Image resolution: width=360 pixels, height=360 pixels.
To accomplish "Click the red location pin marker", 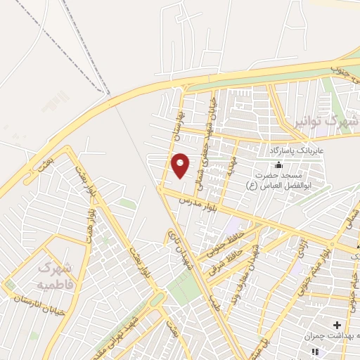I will coord(181,165).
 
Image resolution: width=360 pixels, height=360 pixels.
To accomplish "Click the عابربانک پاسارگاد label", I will coord(297,150).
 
